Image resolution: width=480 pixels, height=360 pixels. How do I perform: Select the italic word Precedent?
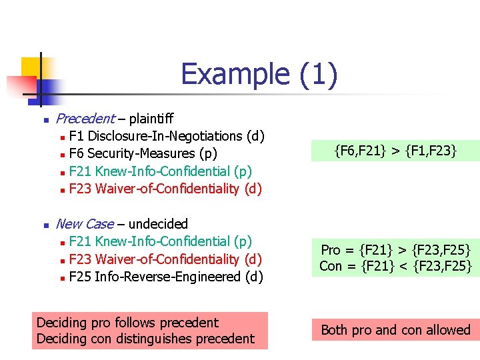(85, 119)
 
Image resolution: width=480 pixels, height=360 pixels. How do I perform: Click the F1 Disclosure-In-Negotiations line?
(167, 136)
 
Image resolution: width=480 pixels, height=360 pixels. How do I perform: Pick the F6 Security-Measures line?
(143, 153)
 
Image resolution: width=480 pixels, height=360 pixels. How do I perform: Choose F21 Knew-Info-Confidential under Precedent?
(160, 171)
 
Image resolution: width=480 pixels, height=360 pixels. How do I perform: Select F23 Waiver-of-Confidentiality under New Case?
(165, 259)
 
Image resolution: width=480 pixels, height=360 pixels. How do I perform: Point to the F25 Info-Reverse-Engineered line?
(166, 276)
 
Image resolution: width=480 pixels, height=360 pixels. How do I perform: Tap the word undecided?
(158, 223)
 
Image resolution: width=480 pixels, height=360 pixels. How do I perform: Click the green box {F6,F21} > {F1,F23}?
(395, 151)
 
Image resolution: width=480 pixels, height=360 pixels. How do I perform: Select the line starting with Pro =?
(395, 250)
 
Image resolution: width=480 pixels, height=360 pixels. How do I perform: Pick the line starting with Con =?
(395, 266)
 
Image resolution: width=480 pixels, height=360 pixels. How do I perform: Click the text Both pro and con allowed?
(395, 330)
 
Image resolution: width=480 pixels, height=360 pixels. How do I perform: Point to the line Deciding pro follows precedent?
(127, 323)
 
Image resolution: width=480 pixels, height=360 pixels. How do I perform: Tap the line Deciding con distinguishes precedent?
(145, 339)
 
